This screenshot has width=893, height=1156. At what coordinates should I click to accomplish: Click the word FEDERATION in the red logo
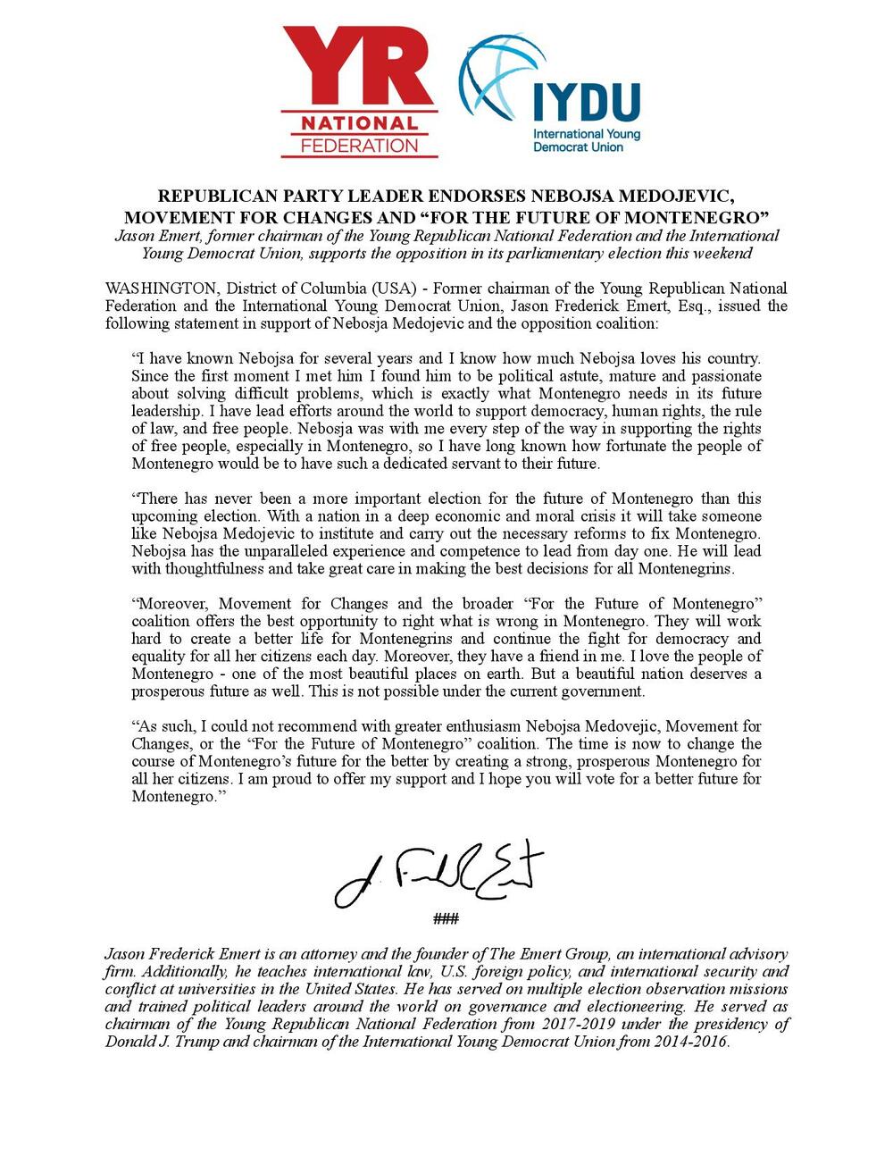click(359, 144)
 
